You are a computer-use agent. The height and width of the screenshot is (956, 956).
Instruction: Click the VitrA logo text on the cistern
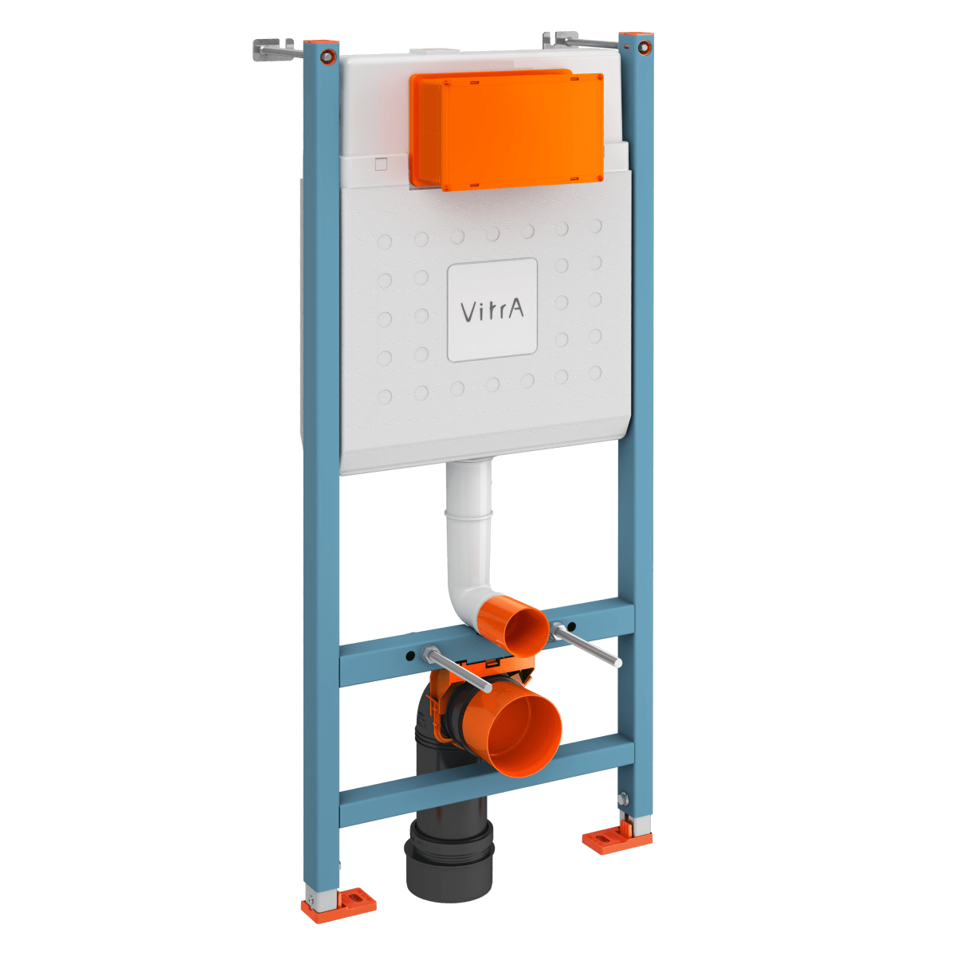[492, 310]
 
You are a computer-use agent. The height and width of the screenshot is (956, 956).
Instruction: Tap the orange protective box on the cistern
[507, 131]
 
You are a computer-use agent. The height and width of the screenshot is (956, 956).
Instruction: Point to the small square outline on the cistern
[381, 165]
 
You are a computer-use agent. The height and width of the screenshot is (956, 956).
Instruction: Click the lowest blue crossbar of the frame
[486, 781]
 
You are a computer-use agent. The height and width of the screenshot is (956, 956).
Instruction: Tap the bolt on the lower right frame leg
[623, 797]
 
